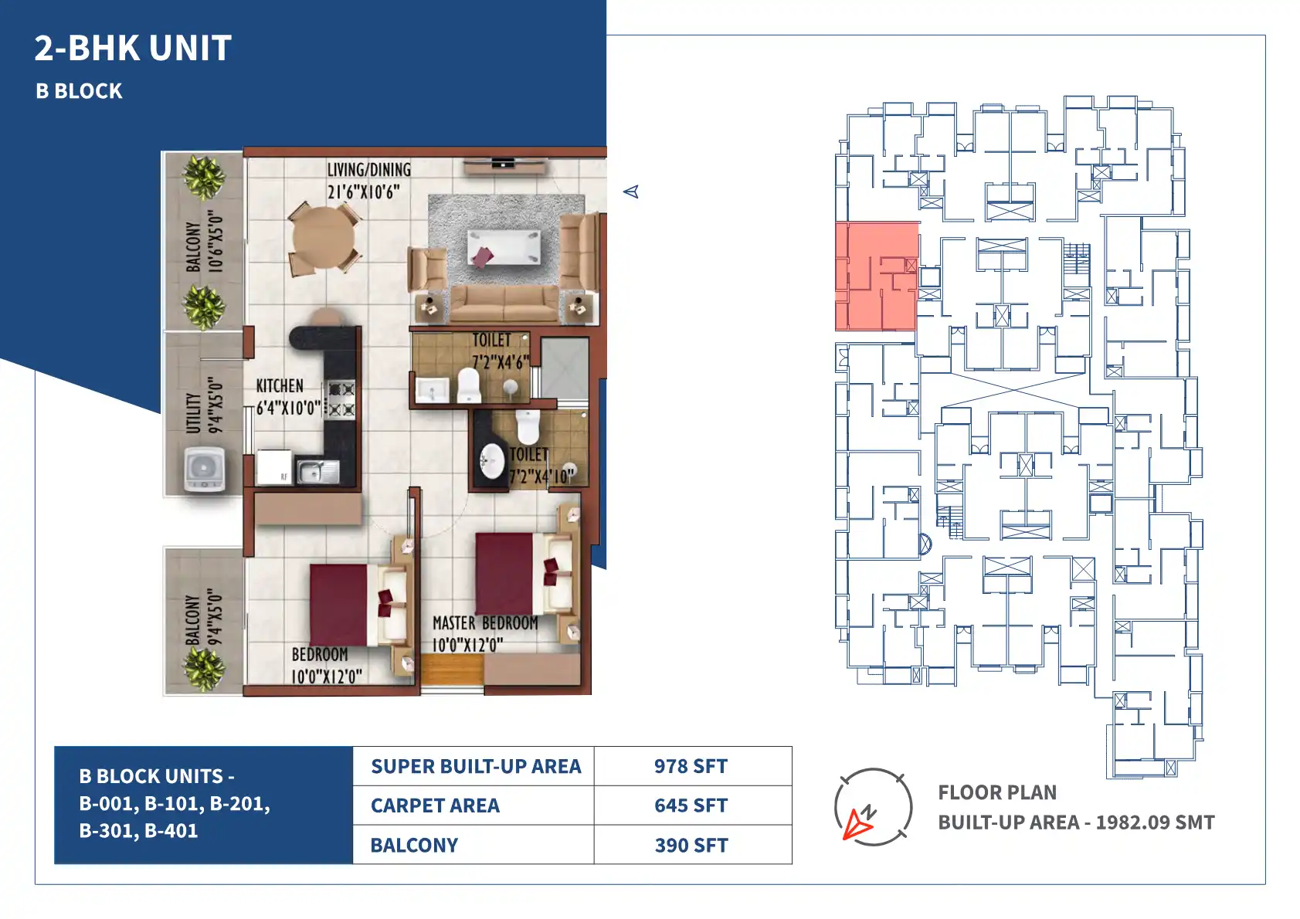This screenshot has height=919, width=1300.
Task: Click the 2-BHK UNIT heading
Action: pos(133,48)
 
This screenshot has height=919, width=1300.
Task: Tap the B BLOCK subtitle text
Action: pos(79,91)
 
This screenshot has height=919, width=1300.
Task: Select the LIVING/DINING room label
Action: pos(369,169)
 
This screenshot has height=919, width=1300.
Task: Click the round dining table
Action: pos(323,238)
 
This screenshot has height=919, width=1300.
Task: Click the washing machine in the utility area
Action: pos(204,470)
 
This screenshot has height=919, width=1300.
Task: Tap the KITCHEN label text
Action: pos(280,386)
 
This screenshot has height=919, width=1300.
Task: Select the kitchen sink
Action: pos(317,471)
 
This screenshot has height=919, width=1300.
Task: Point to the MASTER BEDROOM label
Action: pos(485,623)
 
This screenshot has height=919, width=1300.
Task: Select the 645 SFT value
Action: pos(691,805)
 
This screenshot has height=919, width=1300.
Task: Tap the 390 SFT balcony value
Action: pos(691,846)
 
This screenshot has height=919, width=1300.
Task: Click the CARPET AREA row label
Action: pos(435,805)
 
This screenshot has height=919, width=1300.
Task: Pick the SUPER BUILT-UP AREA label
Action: pos(476,766)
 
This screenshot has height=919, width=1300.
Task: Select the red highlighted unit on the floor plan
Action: pos(877,276)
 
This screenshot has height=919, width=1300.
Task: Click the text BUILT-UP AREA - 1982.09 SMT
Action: pos(1076,822)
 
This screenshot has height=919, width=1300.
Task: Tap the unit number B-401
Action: pos(171,831)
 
